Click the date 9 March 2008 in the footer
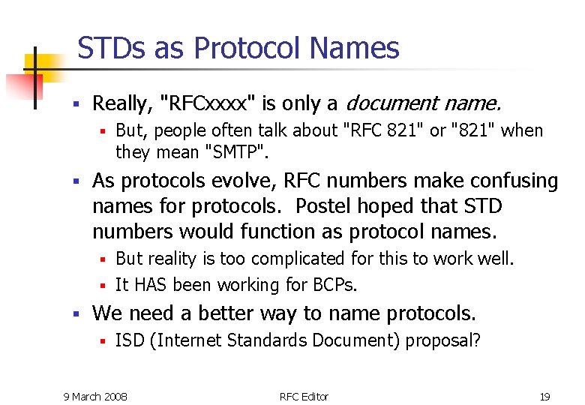click(x=95, y=396)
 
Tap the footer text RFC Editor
click(x=304, y=396)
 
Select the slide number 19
click(x=544, y=396)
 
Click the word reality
click(x=173, y=259)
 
